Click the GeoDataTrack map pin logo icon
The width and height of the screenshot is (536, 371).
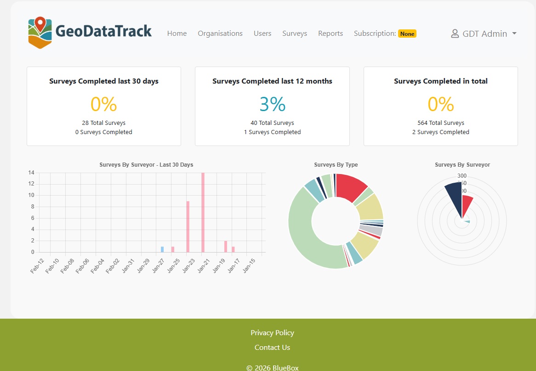coord(40,32)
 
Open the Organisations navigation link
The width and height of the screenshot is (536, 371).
coord(220,34)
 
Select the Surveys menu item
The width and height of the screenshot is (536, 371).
coord(295,34)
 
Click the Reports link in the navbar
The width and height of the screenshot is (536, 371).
coord(331,34)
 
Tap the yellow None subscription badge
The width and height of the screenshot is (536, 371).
coord(407,34)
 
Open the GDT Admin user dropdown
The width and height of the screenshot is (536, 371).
coord(484,34)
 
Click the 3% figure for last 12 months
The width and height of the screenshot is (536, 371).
coord(273,105)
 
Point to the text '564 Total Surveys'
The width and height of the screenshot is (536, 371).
coord(441,123)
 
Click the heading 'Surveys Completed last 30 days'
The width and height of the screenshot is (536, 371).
coord(104,81)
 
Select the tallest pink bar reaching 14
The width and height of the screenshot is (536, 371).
coord(203,212)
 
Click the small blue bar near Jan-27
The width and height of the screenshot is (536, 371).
coord(162,249)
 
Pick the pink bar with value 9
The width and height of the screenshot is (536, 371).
coord(188,226)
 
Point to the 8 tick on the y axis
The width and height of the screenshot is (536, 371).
coord(32,207)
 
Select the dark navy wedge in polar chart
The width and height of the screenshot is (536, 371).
coord(454,197)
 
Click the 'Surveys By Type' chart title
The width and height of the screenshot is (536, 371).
coord(336,165)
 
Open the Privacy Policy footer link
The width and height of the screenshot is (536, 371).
coord(272,333)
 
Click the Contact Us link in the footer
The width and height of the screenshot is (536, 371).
coord(272,348)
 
